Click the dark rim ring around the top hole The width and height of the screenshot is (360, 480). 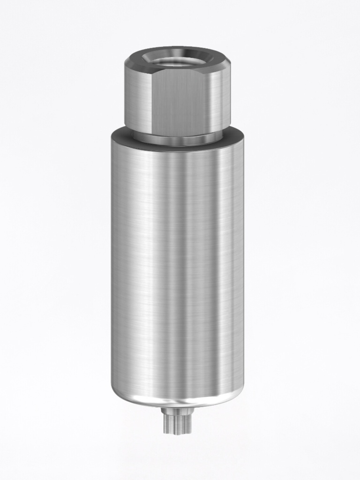(x=177, y=51)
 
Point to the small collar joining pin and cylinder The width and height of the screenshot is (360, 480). (x=178, y=411)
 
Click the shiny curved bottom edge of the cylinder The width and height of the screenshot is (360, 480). (x=177, y=402)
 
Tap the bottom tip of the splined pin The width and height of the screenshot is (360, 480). (x=178, y=432)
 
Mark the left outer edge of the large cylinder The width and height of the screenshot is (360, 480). (x=112, y=262)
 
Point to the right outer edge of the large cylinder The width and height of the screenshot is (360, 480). (x=242, y=262)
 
